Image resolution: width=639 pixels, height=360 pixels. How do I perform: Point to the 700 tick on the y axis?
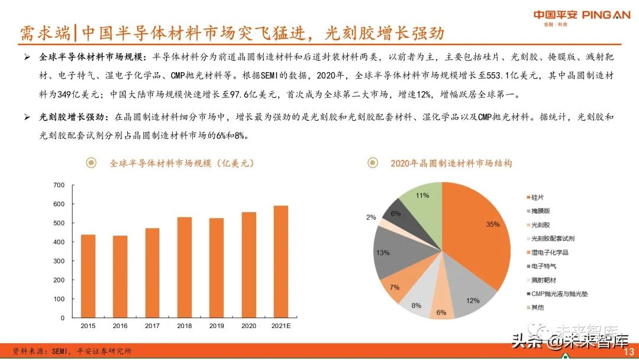click(59, 185)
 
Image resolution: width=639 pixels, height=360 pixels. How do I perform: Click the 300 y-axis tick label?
click(59, 261)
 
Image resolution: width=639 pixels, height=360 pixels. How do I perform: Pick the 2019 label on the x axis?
click(217, 326)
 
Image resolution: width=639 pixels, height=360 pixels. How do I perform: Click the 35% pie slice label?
click(493, 224)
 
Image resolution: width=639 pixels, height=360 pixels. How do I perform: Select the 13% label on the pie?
click(382, 253)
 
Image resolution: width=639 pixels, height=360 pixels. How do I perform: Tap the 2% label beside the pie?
click(371, 217)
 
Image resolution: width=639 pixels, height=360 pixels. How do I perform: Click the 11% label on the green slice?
click(422, 195)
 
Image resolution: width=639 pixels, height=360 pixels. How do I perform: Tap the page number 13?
click(629, 352)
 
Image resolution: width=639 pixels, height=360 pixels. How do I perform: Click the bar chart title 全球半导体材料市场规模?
click(182, 163)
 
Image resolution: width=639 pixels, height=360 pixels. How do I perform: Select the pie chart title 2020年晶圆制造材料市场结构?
click(451, 163)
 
